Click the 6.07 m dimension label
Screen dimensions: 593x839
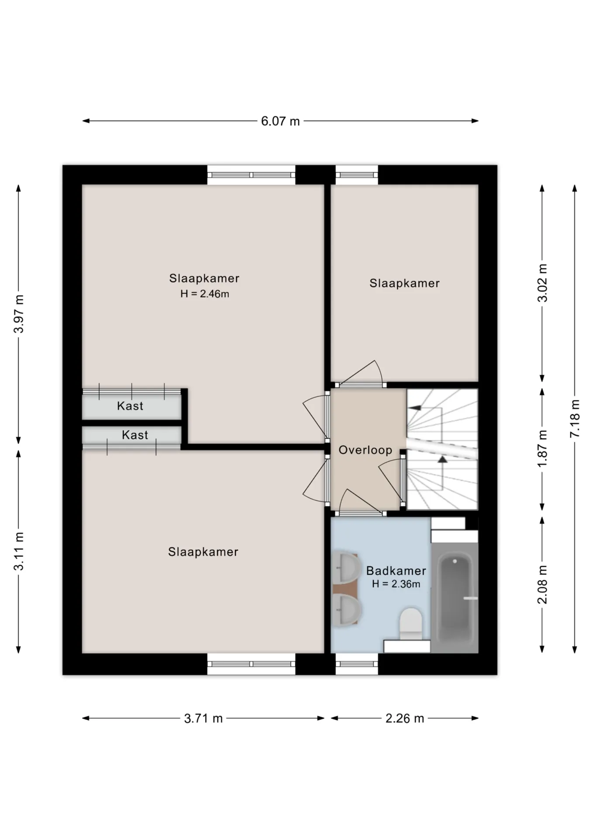coord(280,121)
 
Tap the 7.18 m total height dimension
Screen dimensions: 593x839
coord(575,419)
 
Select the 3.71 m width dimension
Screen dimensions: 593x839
coord(203,718)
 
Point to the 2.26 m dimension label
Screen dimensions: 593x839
coord(405,718)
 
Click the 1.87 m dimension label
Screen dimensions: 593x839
coord(542,449)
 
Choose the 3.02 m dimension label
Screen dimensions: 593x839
coord(542,283)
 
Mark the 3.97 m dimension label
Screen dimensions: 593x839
coord(19,314)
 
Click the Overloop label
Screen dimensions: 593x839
coord(365,450)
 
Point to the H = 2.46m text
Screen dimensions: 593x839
coord(205,294)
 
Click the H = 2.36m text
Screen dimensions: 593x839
coord(396,584)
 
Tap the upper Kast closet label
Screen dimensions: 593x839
coord(130,406)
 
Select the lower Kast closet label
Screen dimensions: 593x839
coord(135,435)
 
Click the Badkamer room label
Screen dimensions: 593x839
coord(396,571)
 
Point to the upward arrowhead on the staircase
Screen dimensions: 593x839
coord(443,459)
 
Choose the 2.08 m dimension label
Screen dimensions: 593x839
coord(542,585)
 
